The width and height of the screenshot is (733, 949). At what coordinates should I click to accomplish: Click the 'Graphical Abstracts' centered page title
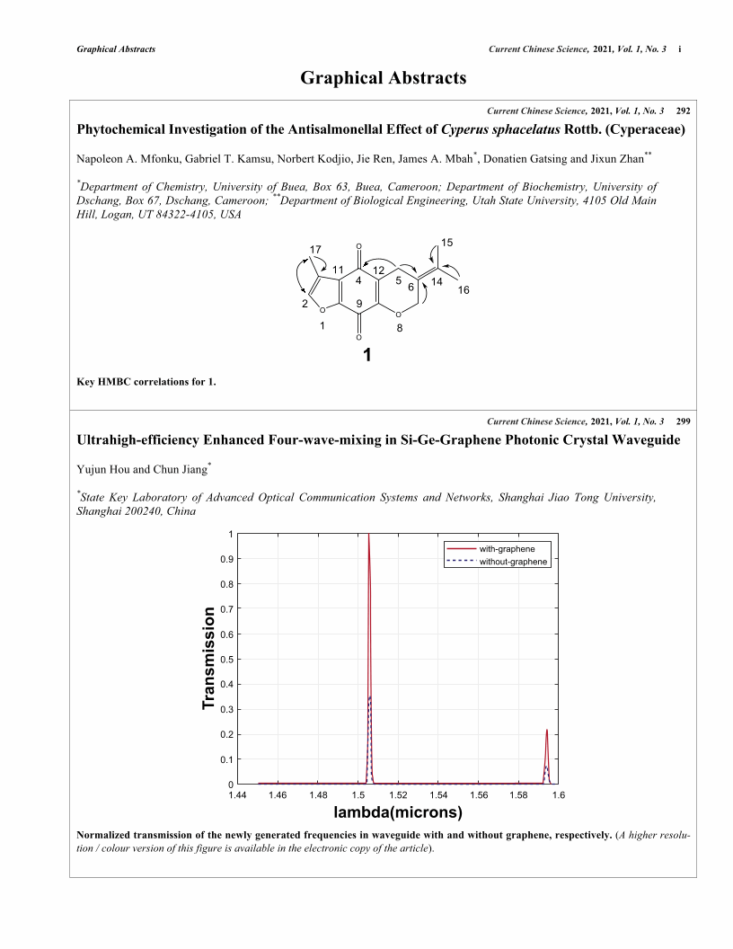(384, 78)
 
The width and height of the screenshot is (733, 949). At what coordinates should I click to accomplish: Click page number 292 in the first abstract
(683, 111)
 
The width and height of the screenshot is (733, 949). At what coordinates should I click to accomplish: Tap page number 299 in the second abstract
(683, 421)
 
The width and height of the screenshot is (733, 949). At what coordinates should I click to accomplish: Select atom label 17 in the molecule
(315, 248)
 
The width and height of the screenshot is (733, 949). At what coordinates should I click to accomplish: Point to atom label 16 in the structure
(464, 291)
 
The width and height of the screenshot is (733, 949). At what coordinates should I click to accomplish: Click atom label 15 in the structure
(447, 243)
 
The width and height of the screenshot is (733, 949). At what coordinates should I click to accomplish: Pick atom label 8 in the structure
(400, 329)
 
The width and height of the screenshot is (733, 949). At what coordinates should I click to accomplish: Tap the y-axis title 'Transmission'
(209, 659)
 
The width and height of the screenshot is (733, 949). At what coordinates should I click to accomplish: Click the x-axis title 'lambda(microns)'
(398, 813)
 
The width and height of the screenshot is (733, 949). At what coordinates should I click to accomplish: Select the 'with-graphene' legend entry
(508, 547)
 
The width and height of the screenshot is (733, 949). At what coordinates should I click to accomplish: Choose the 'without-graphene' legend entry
(513, 561)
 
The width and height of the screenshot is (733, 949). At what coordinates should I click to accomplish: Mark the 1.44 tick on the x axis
(237, 795)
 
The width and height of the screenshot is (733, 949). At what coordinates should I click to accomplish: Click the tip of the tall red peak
(368, 536)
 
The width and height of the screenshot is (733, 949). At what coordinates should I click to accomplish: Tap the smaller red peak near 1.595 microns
(546, 731)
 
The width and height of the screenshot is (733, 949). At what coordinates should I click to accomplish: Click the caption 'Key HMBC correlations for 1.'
(147, 382)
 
